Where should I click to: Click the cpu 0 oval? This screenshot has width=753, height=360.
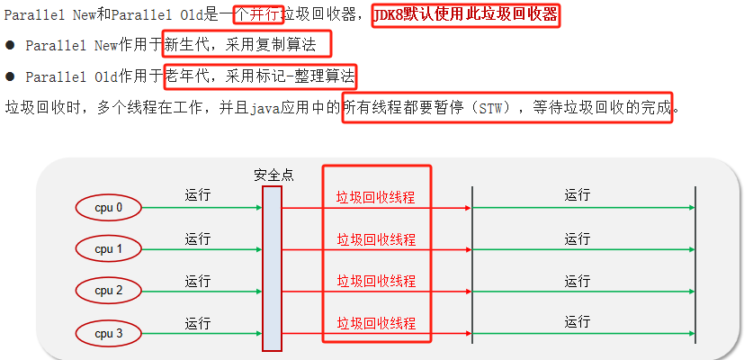tap(109, 208)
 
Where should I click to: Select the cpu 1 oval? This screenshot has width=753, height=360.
tap(109, 249)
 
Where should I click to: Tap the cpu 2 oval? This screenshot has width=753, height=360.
tap(109, 291)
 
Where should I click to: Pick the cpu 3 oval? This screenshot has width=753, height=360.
tap(109, 334)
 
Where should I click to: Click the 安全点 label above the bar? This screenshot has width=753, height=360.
tap(273, 175)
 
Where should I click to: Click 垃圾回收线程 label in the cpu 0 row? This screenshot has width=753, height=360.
tap(376, 198)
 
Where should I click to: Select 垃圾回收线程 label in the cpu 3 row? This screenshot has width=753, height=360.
tap(376, 322)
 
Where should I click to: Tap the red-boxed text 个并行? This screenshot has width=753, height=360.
tap(258, 15)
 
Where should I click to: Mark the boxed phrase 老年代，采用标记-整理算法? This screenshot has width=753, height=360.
tap(261, 76)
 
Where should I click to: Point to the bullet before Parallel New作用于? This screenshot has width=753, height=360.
tap(11, 46)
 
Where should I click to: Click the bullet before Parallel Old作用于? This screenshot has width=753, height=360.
tap(11, 77)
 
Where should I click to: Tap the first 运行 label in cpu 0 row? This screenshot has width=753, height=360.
tap(198, 195)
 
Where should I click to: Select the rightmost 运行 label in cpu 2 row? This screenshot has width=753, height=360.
tap(578, 281)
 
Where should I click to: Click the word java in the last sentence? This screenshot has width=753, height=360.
tap(261, 108)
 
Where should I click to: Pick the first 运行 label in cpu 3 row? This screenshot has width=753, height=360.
tap(198, 323)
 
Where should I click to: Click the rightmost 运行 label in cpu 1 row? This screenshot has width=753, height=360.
tap(578, 238)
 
